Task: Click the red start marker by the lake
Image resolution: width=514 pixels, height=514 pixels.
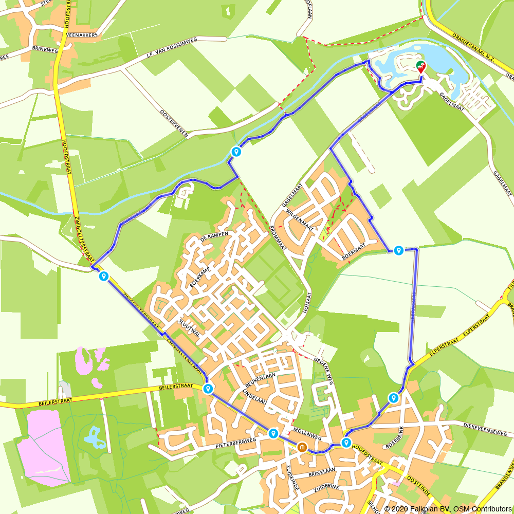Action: [421, 67]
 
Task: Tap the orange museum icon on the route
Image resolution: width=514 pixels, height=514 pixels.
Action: [302, 448]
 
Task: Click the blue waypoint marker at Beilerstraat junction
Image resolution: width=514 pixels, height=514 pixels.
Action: [208, 389]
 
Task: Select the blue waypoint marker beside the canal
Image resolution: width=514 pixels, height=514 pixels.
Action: [236, 152]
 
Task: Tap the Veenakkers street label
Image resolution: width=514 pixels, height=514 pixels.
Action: [82, 35]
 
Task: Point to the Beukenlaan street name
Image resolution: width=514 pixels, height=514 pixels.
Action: [261, 380]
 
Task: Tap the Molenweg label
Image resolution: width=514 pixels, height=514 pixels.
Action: [307, 432]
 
